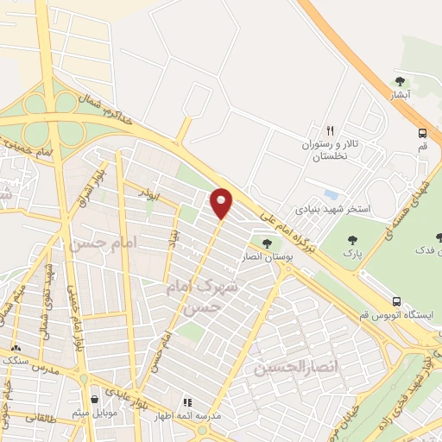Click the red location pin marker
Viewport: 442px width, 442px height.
[x=223, y=202]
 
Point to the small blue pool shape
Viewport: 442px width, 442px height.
[x=329, y=195]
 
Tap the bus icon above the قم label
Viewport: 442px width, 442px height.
[x=422, y=133]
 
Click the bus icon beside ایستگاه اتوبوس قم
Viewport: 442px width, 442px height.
[x=396, y=301]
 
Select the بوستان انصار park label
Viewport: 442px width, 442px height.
[x=266, y=256]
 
